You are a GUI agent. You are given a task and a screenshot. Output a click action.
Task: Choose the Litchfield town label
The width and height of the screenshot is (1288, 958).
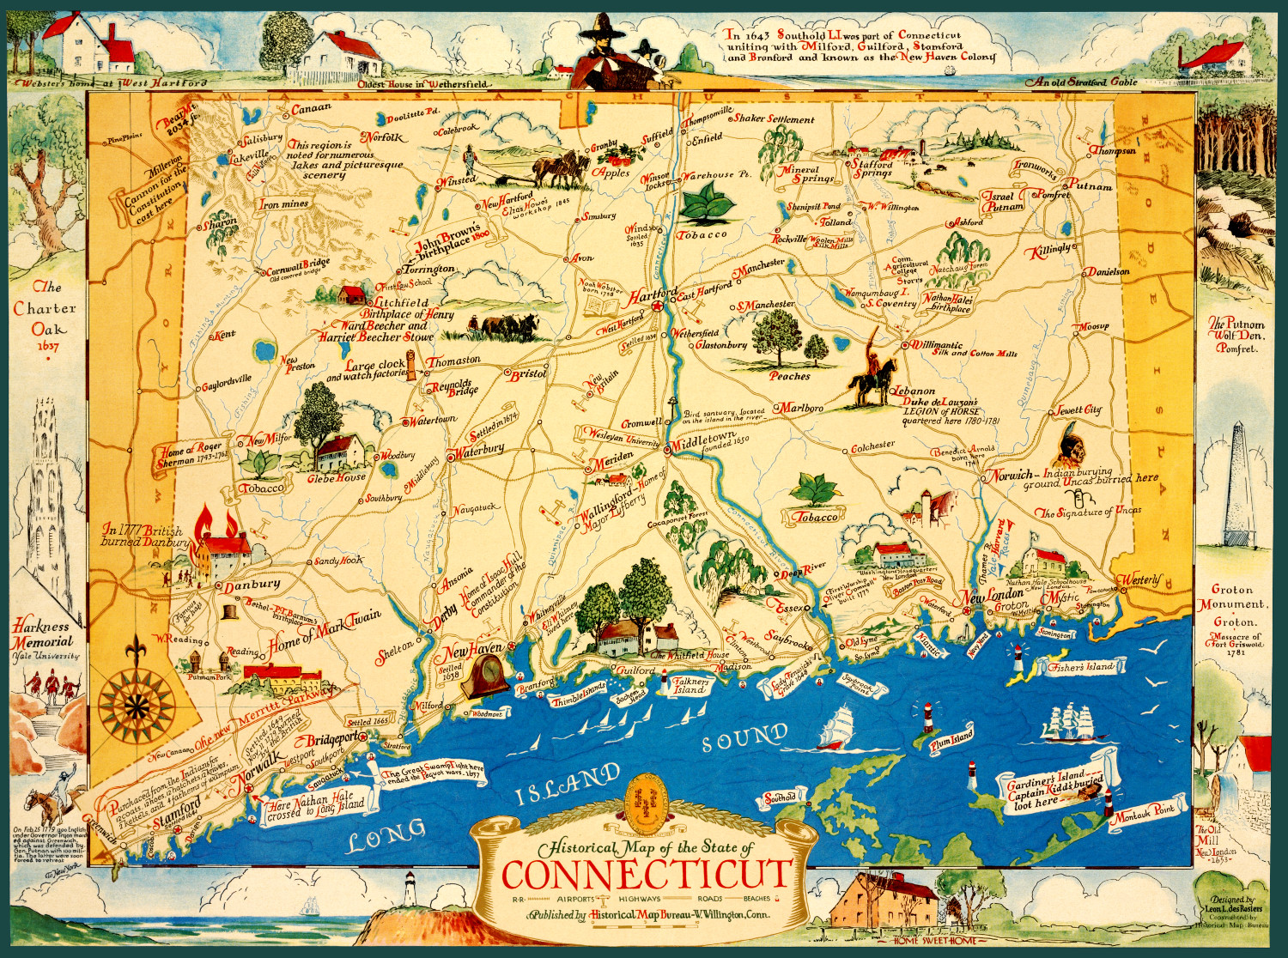[x=401, y=302]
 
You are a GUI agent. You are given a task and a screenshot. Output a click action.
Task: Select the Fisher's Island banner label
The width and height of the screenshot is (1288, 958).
[x=1080, y=666]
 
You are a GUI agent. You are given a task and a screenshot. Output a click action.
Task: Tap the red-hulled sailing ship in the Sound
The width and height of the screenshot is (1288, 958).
[x=836, y=728]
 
